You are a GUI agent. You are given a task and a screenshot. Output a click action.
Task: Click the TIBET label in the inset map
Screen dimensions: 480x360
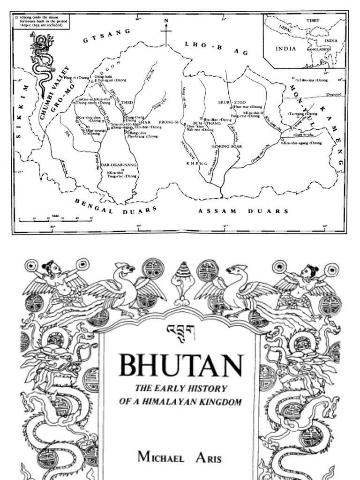(x=313, y=21)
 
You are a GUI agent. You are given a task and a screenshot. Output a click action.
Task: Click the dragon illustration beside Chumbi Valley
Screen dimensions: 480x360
(x=40, y=63)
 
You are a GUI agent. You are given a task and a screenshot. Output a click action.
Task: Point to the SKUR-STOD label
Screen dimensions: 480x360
(x=232, y=101)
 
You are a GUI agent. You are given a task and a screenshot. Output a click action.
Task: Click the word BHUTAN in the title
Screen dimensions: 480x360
(x=181, y=365)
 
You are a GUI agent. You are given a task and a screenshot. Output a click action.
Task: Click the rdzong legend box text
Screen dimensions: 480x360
(x=42, y=22)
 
